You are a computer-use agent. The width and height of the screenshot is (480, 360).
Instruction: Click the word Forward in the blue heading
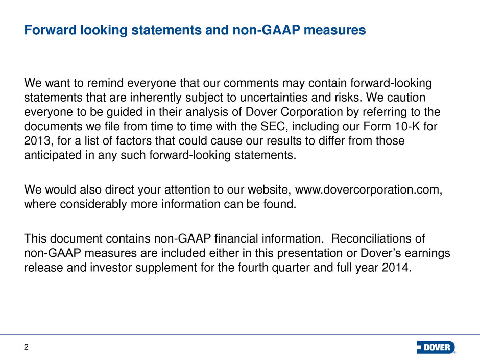[50, 30]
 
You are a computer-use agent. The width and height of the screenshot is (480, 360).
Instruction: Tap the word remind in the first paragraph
[105, 83]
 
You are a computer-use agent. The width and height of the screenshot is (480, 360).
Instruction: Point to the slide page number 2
[26, 347]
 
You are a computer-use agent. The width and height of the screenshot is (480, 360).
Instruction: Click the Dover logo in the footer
[436, 347]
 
